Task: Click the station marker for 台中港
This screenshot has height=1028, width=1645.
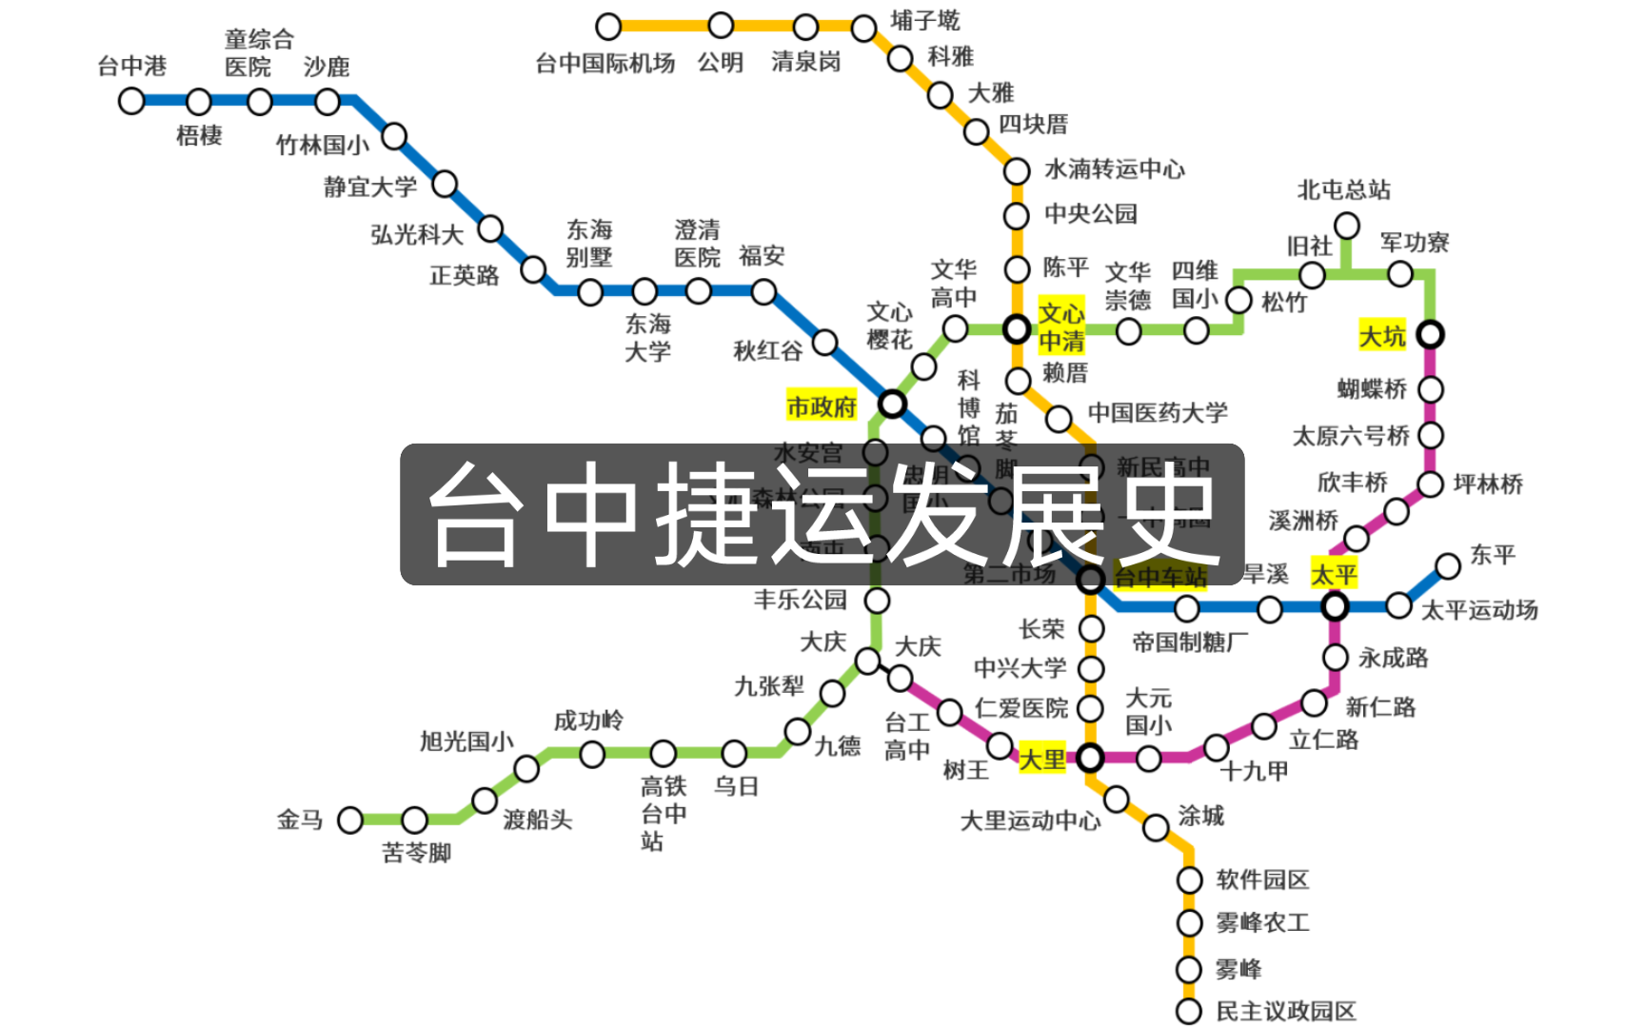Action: tap(131, 101)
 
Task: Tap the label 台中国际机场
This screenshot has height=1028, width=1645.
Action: tap(605, 64)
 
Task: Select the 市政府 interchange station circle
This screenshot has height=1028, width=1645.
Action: tap(892, 404)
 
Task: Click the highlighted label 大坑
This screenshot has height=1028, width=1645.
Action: tap(1382, 336)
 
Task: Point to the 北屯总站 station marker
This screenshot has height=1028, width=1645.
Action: tap(1346, 227)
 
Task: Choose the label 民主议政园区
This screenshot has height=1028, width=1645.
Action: tap(1286, 1011)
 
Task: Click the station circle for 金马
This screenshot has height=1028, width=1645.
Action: tap(350, 820)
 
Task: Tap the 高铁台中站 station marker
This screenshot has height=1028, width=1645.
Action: tap(664, 754)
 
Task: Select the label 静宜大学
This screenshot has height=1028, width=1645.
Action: tap(370, 187)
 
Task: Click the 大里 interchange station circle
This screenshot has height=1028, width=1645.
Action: tap(1090, 758)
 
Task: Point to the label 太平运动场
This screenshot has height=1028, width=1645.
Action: tap(1479, 610)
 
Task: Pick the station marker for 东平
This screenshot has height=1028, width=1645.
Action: tap(1448, 566)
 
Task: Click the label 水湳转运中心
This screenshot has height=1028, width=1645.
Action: tap(1115, 169)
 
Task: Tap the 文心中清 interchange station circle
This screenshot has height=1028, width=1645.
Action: tap(1017, 329)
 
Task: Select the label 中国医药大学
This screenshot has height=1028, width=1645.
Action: tap(1158, 413)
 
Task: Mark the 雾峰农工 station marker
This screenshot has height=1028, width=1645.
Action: tap(1189, 923)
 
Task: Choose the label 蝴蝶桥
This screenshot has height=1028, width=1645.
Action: tap(1372, 388)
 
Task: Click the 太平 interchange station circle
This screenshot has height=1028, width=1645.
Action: tap(1335, 606)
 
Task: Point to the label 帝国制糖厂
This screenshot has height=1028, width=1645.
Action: tap(1190, 642)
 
